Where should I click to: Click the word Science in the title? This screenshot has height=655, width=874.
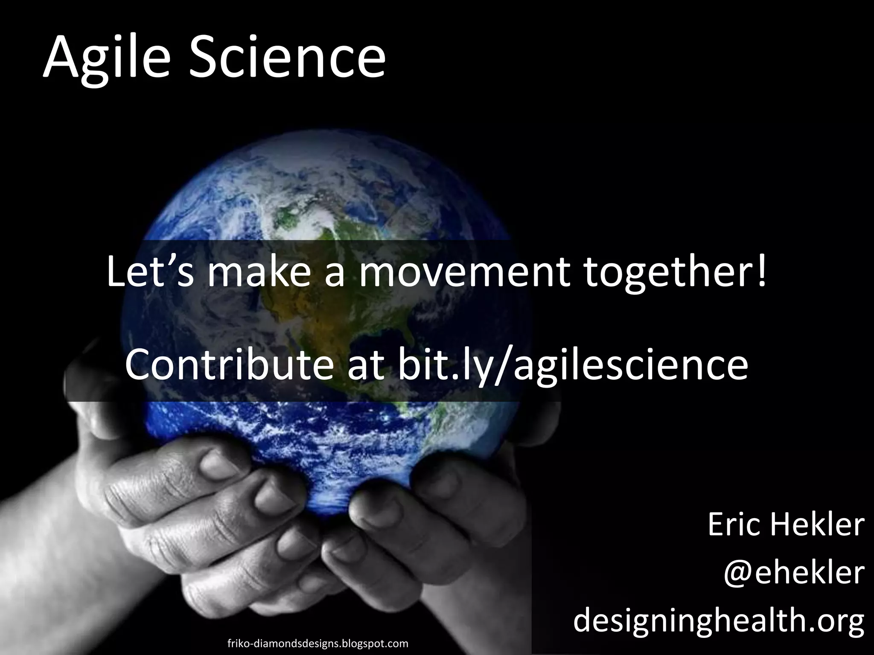(x=287, y=58)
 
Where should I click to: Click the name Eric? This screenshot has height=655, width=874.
(x=734, y=525)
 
